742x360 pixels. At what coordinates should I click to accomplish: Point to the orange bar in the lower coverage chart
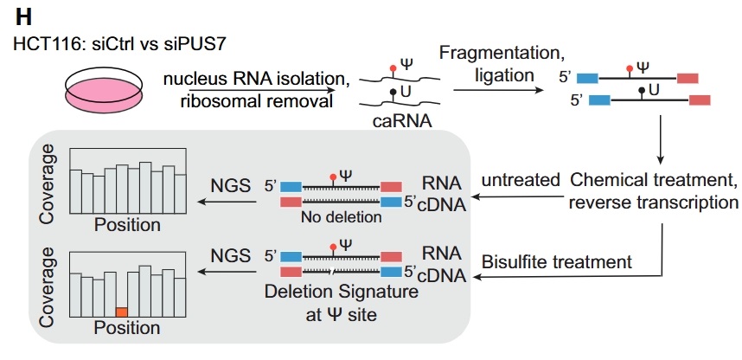click(x=122, y=310)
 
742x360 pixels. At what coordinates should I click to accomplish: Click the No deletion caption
click(x=342, y=217)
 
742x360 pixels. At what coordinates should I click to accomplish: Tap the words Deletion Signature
click(x=342, y=293)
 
